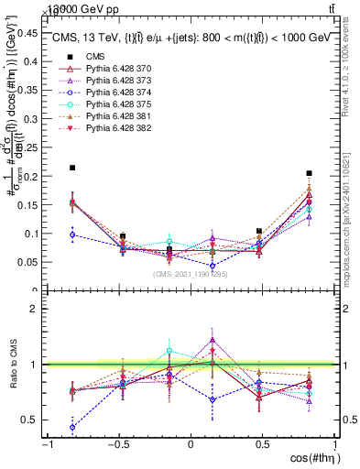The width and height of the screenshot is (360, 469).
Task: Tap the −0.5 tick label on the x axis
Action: pyautogui.click(x=117, y=444)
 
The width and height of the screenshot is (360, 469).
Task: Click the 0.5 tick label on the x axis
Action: pyautogui.click(x=262, y=444)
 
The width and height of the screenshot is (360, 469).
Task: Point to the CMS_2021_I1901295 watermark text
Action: pyautogui.click(x=191, y=274)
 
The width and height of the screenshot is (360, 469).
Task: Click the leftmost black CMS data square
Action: pyautogui.click(x=72, y=168)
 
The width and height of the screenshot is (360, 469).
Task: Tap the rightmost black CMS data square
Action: pyautogui.click(x=310, y=173)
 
